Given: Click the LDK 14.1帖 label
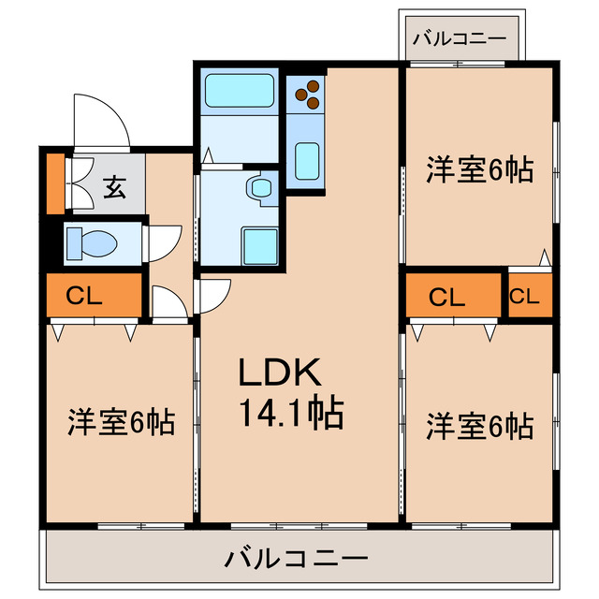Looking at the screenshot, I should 289,392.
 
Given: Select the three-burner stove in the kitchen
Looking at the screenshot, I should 307,93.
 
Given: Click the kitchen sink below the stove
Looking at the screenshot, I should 307,160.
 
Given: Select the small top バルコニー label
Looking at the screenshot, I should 460,39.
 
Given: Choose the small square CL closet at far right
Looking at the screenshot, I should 524,297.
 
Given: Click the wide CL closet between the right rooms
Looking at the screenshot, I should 447,297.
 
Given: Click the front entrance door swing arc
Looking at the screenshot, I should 101,119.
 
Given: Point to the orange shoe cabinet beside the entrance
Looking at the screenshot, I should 55,182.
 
